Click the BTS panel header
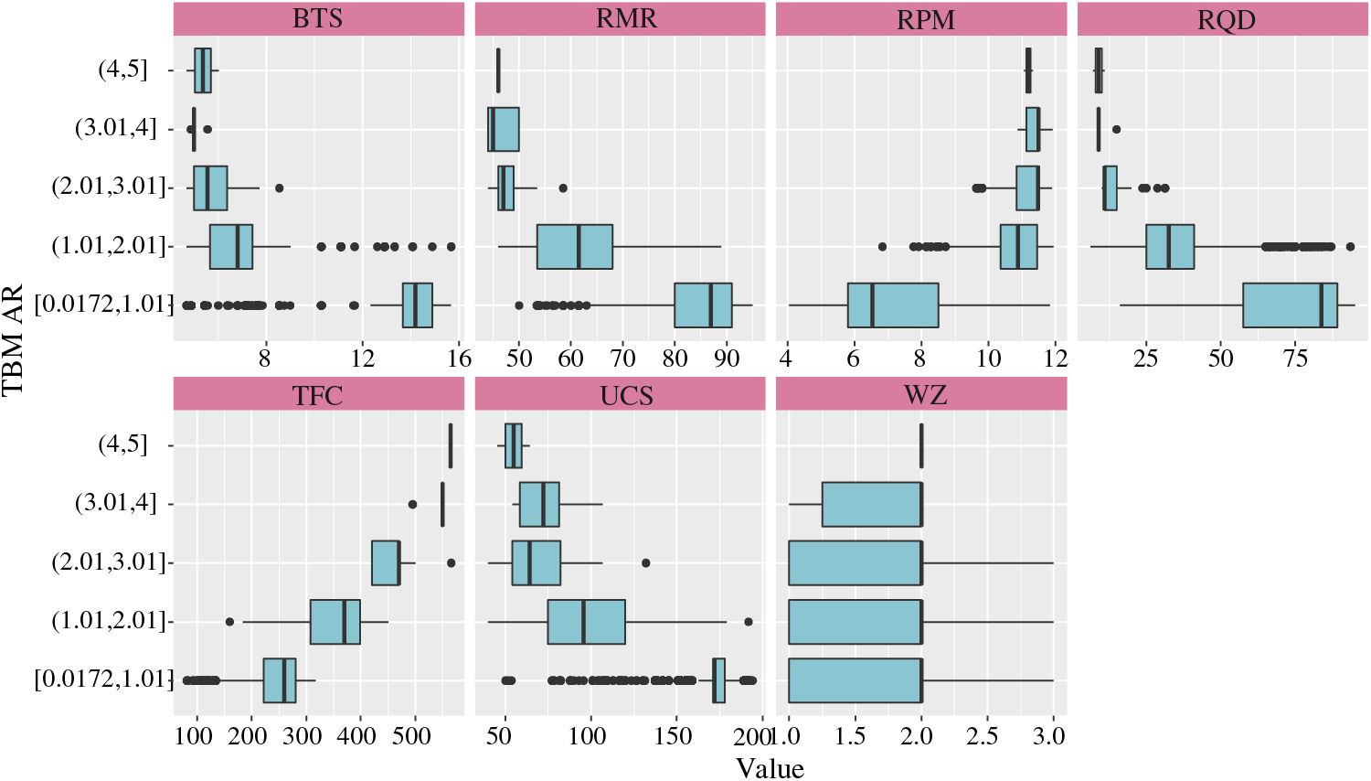[318, 19]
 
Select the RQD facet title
[1226, 19]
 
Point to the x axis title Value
[770, 768]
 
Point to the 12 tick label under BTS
[362, 358]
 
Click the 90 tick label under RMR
[727, 358]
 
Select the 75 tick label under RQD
[1295, 358]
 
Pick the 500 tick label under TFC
[412, 736]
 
